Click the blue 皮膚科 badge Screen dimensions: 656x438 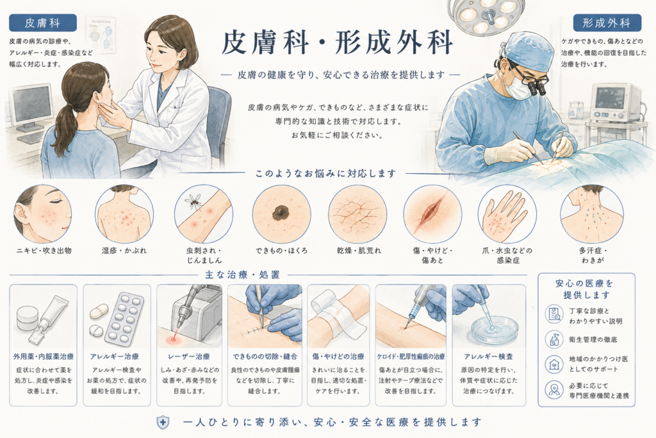tap(43, 22)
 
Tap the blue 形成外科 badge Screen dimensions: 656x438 tap(607, 22)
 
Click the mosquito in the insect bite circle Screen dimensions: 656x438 tap(193, 201)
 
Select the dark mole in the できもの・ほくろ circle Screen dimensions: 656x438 tap(281, 213)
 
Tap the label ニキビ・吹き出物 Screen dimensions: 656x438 tap(44, 251)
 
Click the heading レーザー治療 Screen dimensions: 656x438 tap(189, 357)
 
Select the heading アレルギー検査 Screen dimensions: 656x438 tap(488, 357)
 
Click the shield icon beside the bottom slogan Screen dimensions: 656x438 tap(163, 423)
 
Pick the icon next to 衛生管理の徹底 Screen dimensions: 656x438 tap(554, 339)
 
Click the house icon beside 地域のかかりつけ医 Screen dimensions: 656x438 tap(554, 364)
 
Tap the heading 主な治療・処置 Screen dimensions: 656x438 tap(242, 275)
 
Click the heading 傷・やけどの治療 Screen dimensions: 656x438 tap(338, 357)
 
